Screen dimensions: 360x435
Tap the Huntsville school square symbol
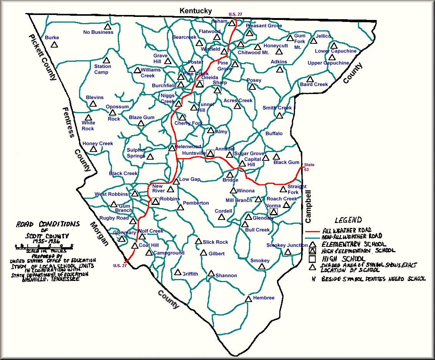(210, 153)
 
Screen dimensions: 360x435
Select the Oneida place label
(210, 78)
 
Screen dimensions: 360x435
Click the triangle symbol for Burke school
(54, 45)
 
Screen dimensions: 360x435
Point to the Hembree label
(264, 298)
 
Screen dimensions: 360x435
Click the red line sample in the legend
(313, 232)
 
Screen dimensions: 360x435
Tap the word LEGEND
(348, 220)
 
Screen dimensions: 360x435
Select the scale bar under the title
(44, 246)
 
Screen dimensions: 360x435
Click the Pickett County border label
(42, 58)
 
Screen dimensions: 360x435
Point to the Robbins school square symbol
(155, 201)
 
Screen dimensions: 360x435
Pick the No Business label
(98, 32)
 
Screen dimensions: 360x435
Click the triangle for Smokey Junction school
(288, 252)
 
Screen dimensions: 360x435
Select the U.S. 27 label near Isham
(235, 14)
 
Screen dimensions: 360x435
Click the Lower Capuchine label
(336, 51)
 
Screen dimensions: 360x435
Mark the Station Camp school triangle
(106, 61)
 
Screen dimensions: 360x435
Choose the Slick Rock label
(215, 242)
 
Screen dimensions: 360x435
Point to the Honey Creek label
(98, 144)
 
